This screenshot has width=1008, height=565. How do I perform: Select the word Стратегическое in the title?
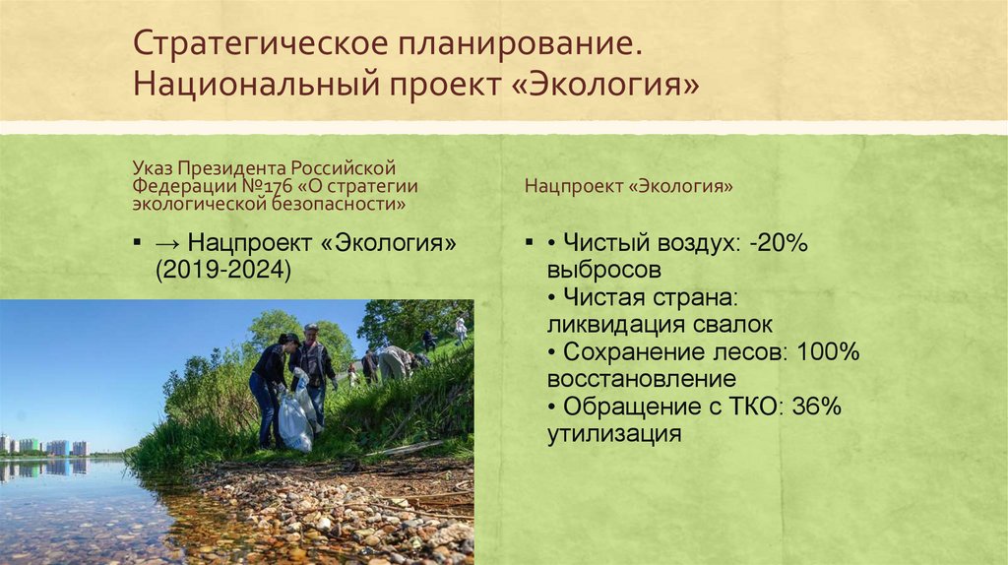click(x=257, y=43)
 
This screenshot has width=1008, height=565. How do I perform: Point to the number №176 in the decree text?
click(x=255, y=186)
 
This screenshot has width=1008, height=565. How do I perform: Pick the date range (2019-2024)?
click(x=221, y=271)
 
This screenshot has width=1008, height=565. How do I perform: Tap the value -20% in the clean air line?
click(x=778, y=243)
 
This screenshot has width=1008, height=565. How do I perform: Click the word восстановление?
click(x=642, y=379)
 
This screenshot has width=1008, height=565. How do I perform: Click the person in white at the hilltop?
click(x=460, y=328)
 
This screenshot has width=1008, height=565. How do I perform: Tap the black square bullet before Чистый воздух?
click(x=530, y=242)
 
